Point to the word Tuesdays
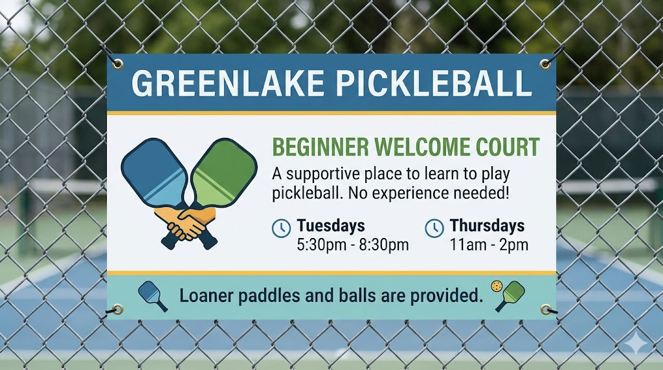pos(330,226)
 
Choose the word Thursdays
pos(487,226)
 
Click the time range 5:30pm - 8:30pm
pos(352,245)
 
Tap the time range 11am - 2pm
pos(489,245)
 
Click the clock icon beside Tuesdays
pos(280,228)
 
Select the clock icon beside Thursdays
pos(434,228)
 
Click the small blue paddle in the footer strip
pos(152,294)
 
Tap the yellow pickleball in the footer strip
pos(497,286)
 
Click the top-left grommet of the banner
pos(117,63)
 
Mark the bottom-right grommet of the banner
pos(546,309)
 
